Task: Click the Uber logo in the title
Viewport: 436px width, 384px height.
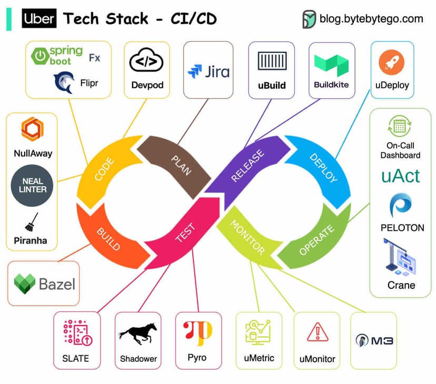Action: tap(39, 19)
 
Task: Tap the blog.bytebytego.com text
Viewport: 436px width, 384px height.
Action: tap(371, 19)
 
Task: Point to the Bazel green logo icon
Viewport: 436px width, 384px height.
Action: tap(24, 284)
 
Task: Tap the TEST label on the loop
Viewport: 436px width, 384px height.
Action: tap(185, 233)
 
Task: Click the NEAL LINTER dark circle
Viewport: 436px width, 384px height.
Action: tap(32, 185)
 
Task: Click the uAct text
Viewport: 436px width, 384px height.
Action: tap(401, 176)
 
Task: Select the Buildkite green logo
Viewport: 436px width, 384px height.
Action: tap(331, 65)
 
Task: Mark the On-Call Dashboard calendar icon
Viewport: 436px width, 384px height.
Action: tap(400, 126)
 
